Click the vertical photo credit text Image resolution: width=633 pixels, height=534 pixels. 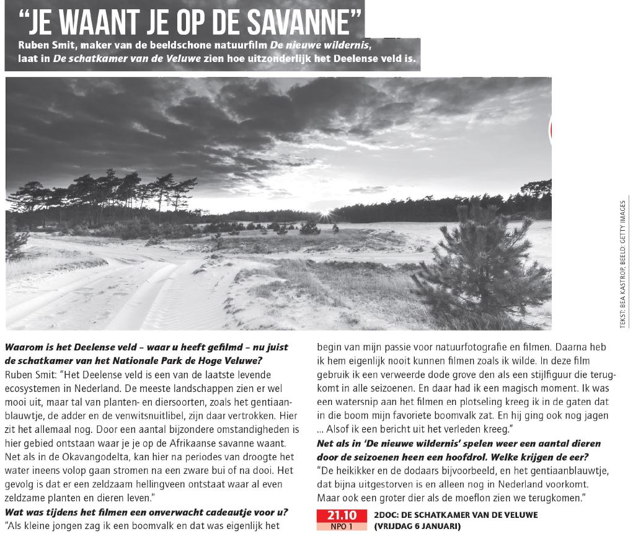coord(622,260)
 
